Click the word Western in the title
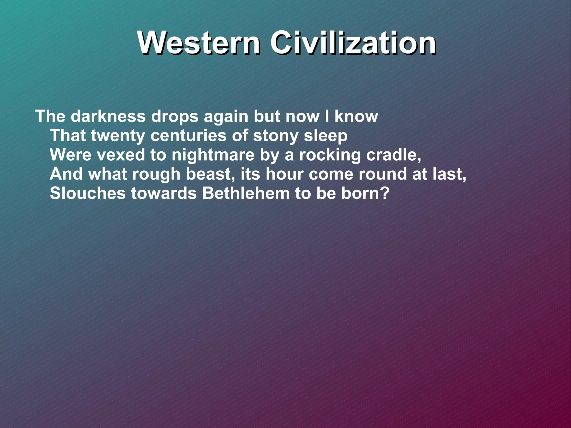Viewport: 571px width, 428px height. [x=199, y=43]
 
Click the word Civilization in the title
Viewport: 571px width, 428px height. [x=353, y=43]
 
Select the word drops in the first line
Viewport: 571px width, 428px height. [x=175, y=117]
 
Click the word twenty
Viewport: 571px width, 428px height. [x=118, y=136]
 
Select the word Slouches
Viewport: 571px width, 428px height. [x=88, y=193]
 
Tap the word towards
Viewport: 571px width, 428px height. [x=164, y=193]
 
